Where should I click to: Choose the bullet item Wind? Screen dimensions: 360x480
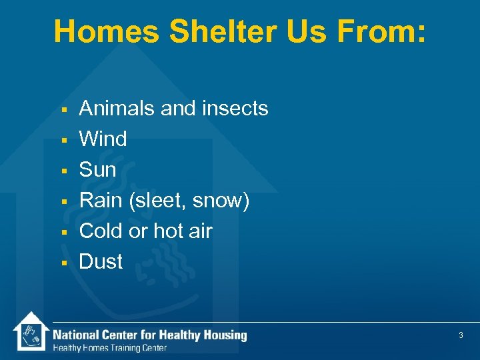tap(103, 139)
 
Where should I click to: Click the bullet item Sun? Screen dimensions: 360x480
tap(97, 169)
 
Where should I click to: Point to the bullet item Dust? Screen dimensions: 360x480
tap(101, 261)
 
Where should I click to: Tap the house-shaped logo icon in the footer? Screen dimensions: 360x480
tap(31, 331)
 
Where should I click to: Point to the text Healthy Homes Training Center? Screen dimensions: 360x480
tap(110, 348)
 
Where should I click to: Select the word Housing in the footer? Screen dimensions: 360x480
tap(225, 335)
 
